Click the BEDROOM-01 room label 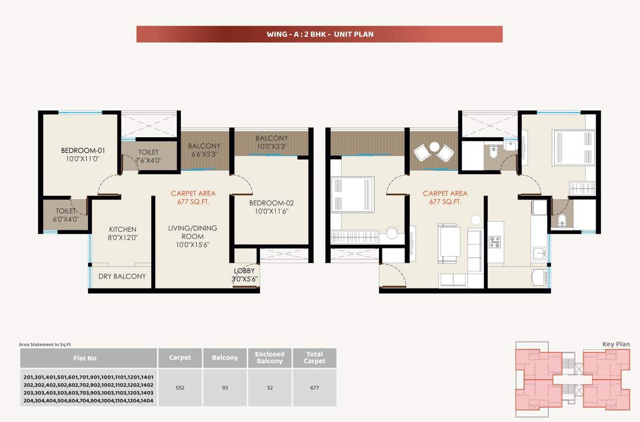[x=82, y=150]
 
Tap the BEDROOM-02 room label [x=269, y=203]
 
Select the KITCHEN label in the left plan [x=123, y=229]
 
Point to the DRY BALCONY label [x=122, y=276]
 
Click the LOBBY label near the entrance [x=244, y=271]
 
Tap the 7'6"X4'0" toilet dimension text [x=148, y=161]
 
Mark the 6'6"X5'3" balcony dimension [x=204, y=154]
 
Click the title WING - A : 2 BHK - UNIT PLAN [x=320, y=34]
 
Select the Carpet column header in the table [x=180, y=358]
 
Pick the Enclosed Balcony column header [x=270, y=358]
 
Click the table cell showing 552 [x=180, y=387]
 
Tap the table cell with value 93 [x=225, y=387]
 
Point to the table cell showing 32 [x=270, y=387]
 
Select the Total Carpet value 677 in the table [x=314, y=387]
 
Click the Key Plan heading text [x=616, y=345]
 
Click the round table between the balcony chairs [x=434, y=147]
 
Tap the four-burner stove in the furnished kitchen [x=494, y=242]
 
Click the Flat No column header [x=85, y=358]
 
